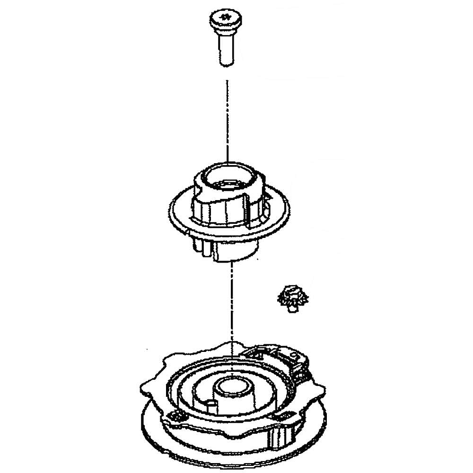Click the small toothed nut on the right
click(291, 298)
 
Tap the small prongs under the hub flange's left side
click(201, 246)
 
